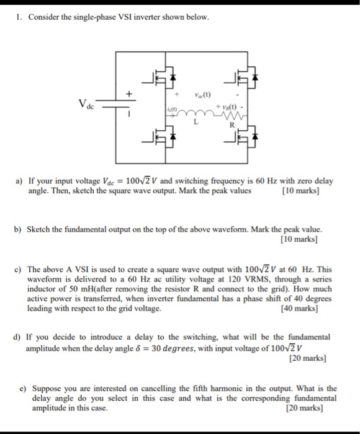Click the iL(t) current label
(x=171, y=109)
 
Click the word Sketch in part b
(x=43, y=229)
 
